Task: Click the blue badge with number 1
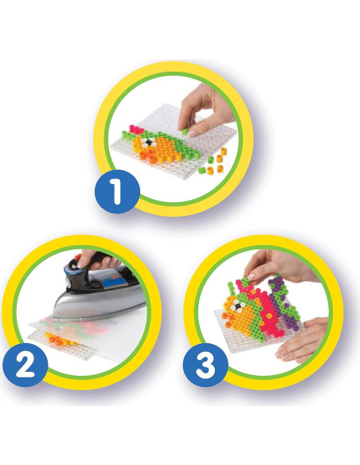[116, 193]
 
